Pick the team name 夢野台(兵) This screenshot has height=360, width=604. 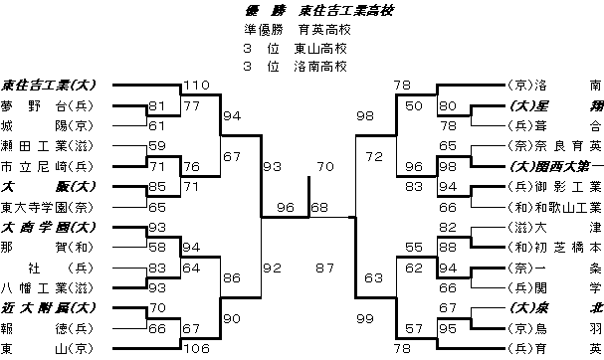(47, 105)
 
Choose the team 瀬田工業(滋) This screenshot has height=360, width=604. (47, 146)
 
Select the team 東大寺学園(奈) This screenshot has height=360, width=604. (47, 207)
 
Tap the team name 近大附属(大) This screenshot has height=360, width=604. (47, 308)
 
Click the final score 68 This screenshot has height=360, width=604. (319, 208)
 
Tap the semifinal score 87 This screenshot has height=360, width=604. (323, 268)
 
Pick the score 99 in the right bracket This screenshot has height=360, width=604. (364, 316)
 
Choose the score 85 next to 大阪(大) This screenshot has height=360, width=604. (157, 186)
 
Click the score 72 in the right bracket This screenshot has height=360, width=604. (374, 156)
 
